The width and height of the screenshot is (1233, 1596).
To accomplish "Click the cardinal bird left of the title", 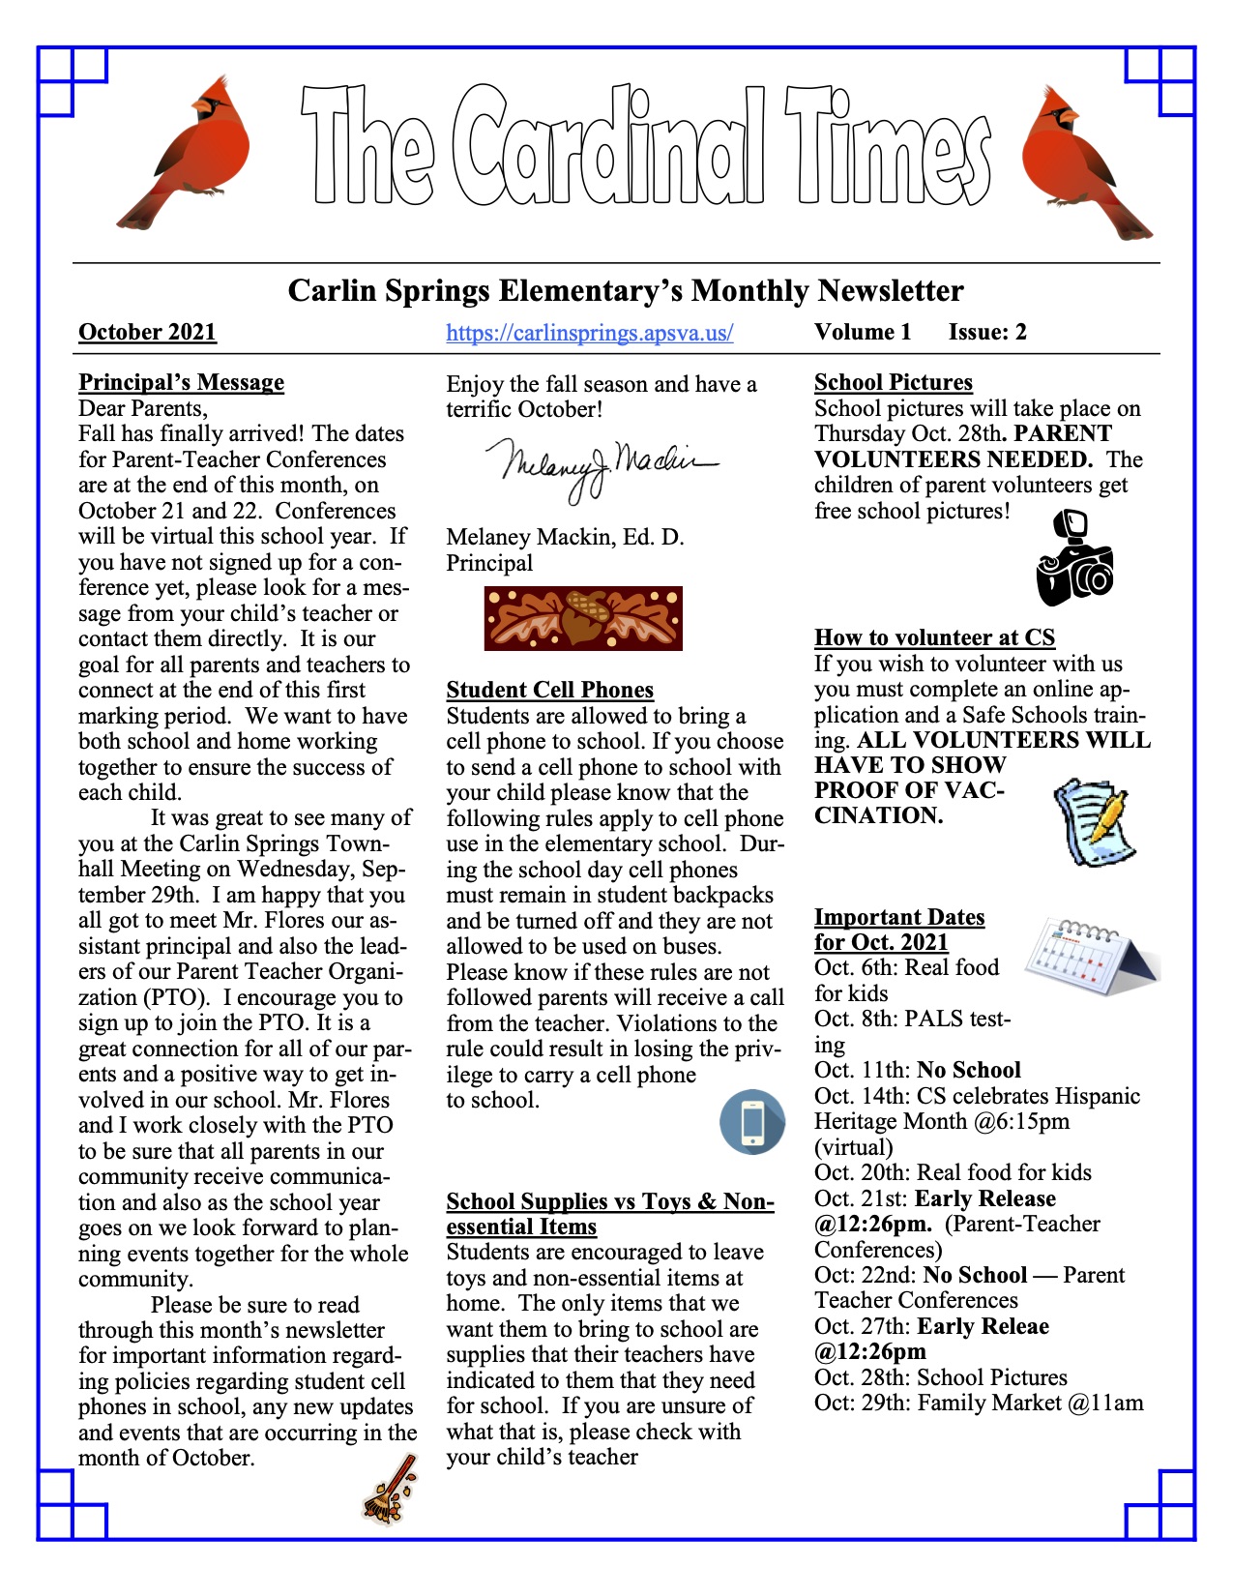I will tap(184, 150).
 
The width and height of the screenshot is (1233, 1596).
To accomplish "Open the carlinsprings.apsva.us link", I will tap(589, 333).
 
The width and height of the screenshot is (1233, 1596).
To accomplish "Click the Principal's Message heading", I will tap(181, 382).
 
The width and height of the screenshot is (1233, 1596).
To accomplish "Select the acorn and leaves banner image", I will tap(583, 618).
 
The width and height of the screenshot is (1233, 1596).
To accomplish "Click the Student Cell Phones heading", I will tap(549, 690).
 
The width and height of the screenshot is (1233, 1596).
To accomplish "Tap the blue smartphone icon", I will tap(752, 1122).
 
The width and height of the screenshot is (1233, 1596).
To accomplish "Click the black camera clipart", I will tap(1073, 561).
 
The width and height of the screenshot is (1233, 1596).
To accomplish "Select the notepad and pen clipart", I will tap(1094, 821).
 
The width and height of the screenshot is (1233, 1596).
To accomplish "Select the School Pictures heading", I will tap(893, 382).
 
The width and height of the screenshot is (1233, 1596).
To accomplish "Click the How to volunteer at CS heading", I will tap(934, 637).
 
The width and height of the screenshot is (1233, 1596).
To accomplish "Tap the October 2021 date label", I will tap(147, 333).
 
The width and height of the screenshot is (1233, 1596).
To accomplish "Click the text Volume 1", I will tap(863, 333).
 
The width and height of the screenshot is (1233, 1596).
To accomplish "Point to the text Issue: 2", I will tap(987, 333).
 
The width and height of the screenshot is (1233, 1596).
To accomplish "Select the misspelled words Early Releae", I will tap(983, 1326).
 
